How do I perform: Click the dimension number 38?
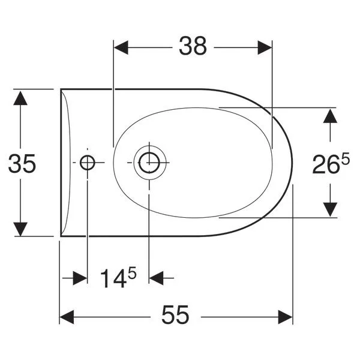click(193, 46)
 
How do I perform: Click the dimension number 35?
click(22, 164)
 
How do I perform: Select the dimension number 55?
click(175, 315)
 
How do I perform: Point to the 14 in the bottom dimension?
click(113, 278)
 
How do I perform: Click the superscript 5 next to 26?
click(345, 158)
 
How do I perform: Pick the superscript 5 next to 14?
click(132, 273)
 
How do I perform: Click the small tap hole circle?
click(87, 163)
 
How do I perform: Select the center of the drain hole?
click(149, 163)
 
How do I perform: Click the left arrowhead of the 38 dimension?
click(121, 47)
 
